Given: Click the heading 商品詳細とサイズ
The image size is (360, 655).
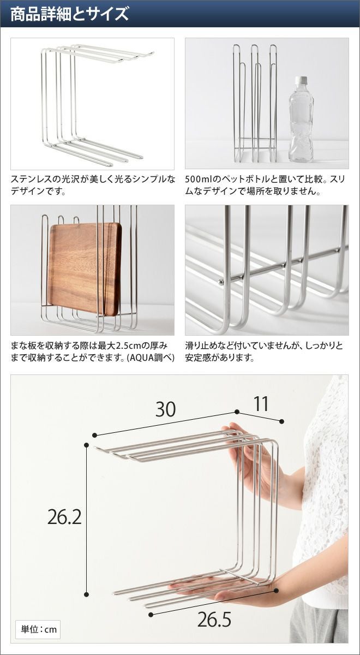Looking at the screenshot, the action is (70, 14).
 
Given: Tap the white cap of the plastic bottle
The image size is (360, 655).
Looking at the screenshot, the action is (301, 80).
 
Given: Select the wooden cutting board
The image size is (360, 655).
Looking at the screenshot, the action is (85, 269).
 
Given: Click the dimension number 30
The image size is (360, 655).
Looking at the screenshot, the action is (166, 409).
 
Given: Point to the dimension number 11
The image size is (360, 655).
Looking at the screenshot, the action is (261, 404).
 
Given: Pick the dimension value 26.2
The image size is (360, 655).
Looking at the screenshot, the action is (64, 516).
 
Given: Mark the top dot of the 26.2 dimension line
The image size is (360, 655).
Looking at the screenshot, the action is (86, 445).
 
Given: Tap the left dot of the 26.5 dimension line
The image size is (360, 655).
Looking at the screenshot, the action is (151, 606).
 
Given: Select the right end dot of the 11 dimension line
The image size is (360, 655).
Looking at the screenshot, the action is (281, 421).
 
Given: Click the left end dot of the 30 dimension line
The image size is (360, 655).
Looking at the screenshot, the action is (94, 435).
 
